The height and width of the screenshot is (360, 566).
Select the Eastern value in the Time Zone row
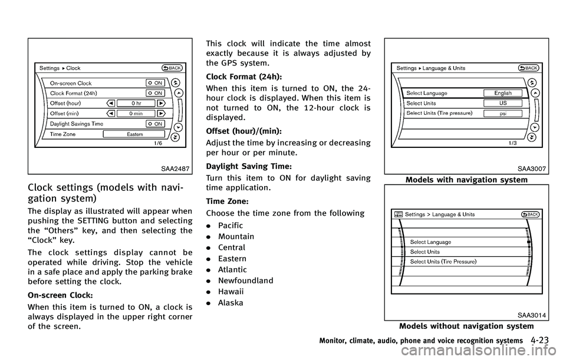134,134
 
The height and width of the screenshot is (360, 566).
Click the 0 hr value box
136,103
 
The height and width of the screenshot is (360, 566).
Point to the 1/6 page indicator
159,143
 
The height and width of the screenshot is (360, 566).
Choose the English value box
504,93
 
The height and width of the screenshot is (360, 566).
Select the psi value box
504,113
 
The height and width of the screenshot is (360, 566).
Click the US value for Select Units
504,103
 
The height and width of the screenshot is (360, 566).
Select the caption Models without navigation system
466,326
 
